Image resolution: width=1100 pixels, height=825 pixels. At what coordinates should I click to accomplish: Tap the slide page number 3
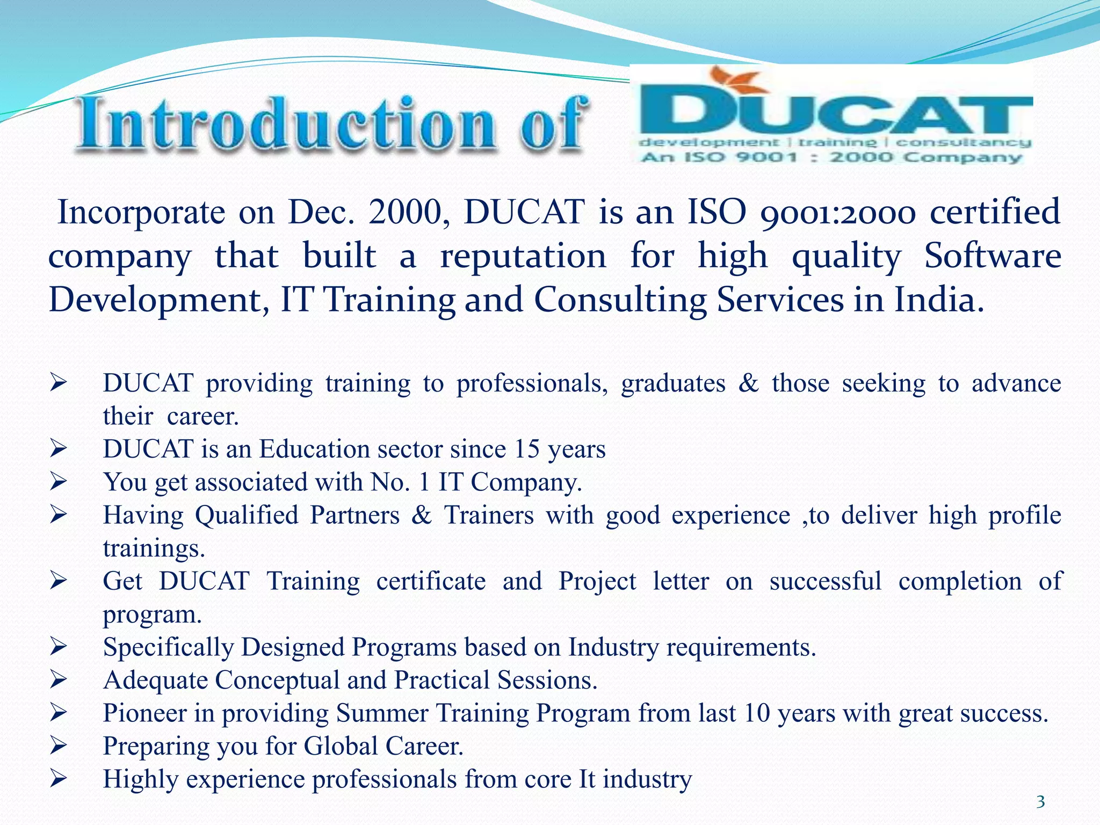pos(1040,802)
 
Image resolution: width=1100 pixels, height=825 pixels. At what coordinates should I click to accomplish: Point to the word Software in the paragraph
pos(992,256)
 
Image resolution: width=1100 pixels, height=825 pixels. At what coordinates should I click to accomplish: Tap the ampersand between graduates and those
pos(748,383)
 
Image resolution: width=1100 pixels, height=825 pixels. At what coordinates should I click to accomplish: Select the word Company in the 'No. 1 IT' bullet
pos(526,482)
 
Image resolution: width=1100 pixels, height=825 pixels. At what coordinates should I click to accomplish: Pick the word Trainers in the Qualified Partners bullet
pos(488,515)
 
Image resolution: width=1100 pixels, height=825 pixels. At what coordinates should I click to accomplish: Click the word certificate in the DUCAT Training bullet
pos(431,581)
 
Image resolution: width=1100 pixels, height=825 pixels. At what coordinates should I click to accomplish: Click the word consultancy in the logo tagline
pos(964,142)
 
